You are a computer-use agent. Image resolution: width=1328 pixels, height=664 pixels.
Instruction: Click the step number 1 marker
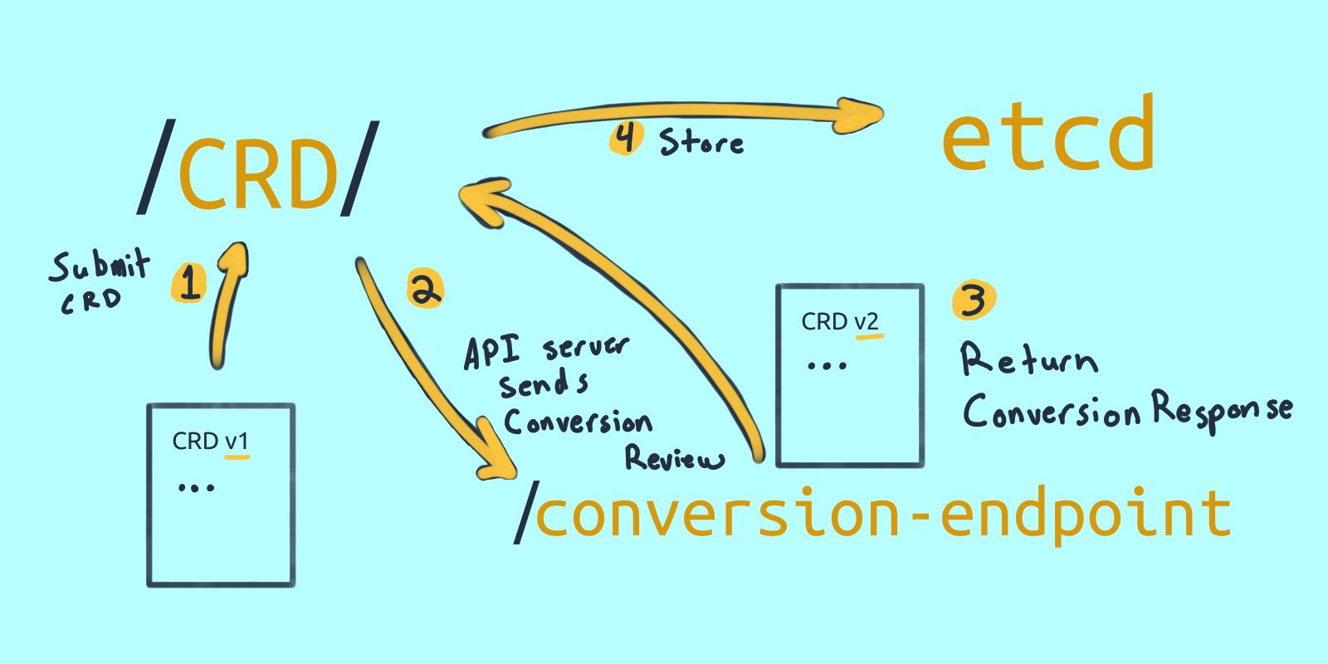tap(190, 283)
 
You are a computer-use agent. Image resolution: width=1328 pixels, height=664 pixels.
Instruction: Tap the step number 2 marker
tap(425, 290)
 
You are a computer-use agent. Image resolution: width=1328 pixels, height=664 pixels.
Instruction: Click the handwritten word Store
tap(702, 143)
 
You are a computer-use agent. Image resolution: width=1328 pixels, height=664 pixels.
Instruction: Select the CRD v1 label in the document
tap(210, 442)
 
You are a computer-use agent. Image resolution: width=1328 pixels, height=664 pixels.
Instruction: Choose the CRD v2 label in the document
tap(840, 322)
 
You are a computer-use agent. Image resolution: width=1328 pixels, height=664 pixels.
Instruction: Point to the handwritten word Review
tap(674, 457)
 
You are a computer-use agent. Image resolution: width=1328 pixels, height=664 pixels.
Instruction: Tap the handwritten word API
tap(491, 352)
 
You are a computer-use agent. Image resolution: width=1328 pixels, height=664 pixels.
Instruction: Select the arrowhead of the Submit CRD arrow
tap(235, 259)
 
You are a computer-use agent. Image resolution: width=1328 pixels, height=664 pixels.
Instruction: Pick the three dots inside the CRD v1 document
tap(197, 487)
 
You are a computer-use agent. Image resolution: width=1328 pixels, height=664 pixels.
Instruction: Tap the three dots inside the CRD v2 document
tap(827, 364)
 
